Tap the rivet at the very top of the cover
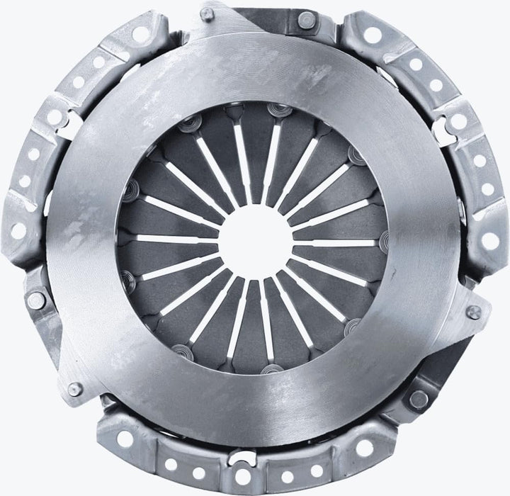click(x=305, y=21)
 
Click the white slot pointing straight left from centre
click(x=177, y=239)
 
